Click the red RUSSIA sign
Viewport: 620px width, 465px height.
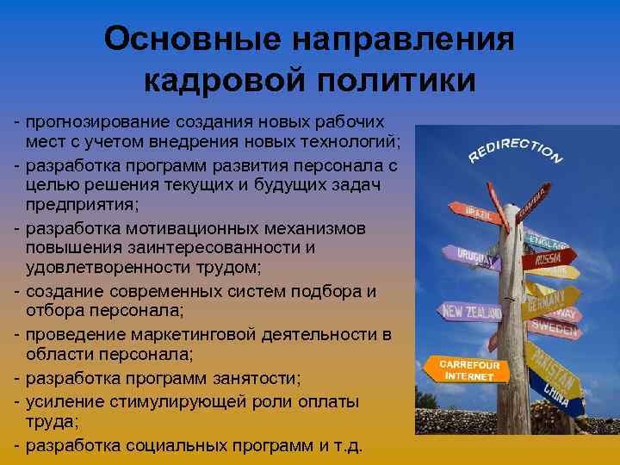tap(549, 257)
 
